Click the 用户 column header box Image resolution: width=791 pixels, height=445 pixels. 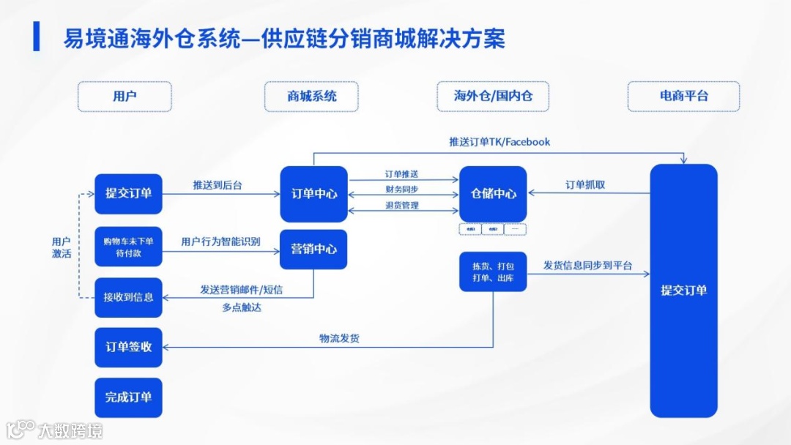click(125, 96)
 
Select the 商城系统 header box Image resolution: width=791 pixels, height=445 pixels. click(311, 96)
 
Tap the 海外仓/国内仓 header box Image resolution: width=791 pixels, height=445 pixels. click(493, 96)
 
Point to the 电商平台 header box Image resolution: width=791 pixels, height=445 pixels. click(683, 96)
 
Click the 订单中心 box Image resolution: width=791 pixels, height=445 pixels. click(314, 194)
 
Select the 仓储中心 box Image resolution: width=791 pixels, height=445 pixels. click(493, 194)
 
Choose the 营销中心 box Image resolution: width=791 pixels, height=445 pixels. click(314, 249)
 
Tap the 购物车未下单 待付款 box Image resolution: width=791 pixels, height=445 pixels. click(128, 247)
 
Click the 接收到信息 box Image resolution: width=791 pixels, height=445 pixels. click(128, 297)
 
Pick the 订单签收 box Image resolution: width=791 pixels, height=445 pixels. click(128, 347)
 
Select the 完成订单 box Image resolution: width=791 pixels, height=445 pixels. click(128, 397)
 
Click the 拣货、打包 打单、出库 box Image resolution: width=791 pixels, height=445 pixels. click(493, 272)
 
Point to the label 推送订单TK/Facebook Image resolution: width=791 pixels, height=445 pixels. click(500, 141)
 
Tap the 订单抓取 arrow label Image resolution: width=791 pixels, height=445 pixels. click(585, 185)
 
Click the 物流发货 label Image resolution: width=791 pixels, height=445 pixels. click(339, 338)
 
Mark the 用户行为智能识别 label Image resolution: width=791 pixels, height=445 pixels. click(220, 242)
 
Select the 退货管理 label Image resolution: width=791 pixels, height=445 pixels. click(402, 206)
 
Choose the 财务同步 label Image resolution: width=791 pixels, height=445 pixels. click(402, 190)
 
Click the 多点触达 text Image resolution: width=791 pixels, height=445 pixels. click(242, 307)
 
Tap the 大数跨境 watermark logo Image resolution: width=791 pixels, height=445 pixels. click(55, 430)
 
